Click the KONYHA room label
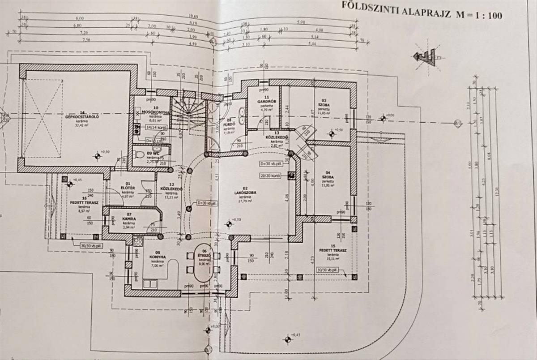(x=158, y=257)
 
